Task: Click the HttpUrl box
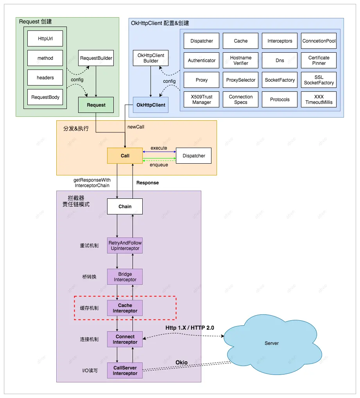pos(45,39)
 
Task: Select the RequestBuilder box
pos(96,58)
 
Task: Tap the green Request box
pos(96,105)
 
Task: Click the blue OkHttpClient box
pos(150,105)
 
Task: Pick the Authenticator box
pos(201,61)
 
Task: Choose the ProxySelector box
pos(241,80)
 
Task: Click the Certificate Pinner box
pos(319,61)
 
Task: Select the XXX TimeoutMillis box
pos(319,100)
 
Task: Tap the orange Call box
pos(125,155)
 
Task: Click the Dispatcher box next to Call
pos(193,155)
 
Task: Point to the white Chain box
pos(125,206)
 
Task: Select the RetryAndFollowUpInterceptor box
pos(125,245)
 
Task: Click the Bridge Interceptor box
pos(125,277)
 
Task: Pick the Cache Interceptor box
pos(125,308)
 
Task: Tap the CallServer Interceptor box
pos(125,371)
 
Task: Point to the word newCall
pos(136,127)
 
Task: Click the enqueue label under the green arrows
pos(159,165)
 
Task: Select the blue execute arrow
pos(159,152)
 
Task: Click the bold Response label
pos(148,183)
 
